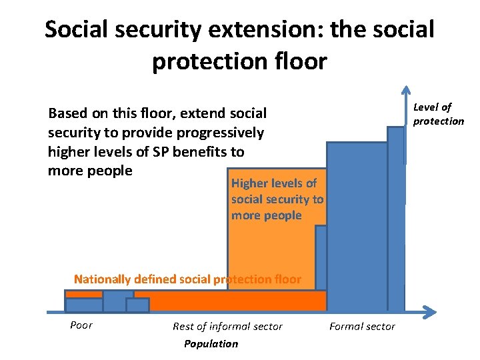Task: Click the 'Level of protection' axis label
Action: (x=437, y=114)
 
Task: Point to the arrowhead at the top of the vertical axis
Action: (x=405, y=91)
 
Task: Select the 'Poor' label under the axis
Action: (x=81, y=325)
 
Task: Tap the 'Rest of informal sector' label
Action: (x=227, y=326)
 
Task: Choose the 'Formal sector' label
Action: (x=362, y=326)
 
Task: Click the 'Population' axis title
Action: (x=211, y=343)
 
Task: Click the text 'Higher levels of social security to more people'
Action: (x=277, y=199)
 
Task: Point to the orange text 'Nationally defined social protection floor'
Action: (x=187, y=279)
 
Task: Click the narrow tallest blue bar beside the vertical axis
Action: (x=395, y=220)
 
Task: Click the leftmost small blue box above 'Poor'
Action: (x=84, y=305)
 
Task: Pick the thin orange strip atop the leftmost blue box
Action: (x=84, y=294)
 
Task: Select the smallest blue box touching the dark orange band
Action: (x=137, y=305)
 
